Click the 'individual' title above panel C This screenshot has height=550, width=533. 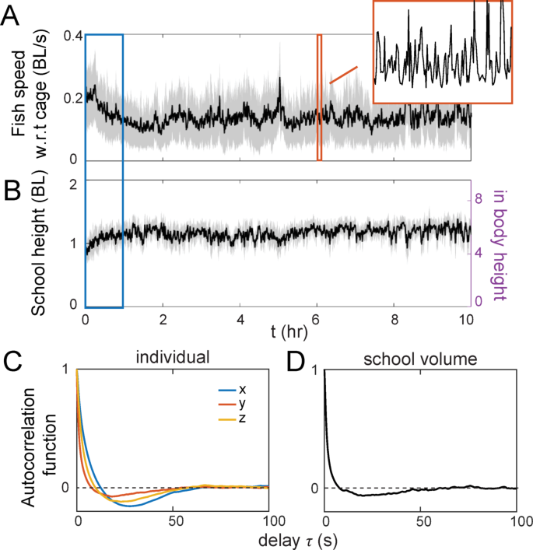(174, 359)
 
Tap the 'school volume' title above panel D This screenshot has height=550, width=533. (420, 359)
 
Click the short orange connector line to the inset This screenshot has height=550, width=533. (343, 75)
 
